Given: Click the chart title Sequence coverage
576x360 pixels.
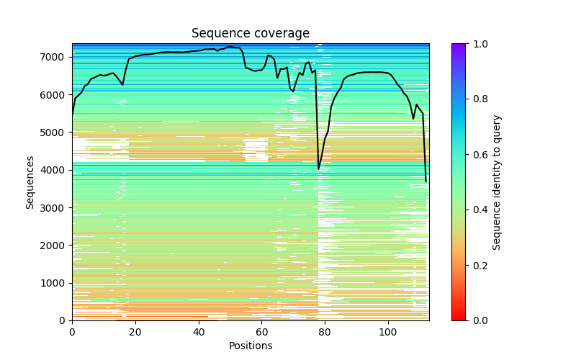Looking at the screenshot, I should tap(251, 34).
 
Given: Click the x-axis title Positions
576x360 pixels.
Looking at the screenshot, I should tap(251, 346).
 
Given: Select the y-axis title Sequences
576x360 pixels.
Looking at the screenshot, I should tap(30, 182).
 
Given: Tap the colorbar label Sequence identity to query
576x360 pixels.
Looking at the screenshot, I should tap(497, 182).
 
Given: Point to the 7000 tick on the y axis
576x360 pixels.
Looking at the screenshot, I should tap(55, 57).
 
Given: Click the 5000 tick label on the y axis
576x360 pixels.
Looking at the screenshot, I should tap(55, 132).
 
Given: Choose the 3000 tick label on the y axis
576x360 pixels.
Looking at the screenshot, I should tap(55, 207).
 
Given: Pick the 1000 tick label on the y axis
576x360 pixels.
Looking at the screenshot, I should tap(55, 283).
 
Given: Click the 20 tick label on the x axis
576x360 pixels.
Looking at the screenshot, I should tap(135, 331).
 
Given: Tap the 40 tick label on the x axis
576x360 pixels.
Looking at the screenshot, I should tap(199, 331).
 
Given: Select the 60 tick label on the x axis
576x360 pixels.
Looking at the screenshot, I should tap(262, 331).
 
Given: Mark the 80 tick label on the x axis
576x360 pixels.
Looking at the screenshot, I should tap(325, 331).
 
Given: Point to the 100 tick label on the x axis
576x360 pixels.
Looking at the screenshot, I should tap(388, 331).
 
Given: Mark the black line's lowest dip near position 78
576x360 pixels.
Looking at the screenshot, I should tap(319, 169).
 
